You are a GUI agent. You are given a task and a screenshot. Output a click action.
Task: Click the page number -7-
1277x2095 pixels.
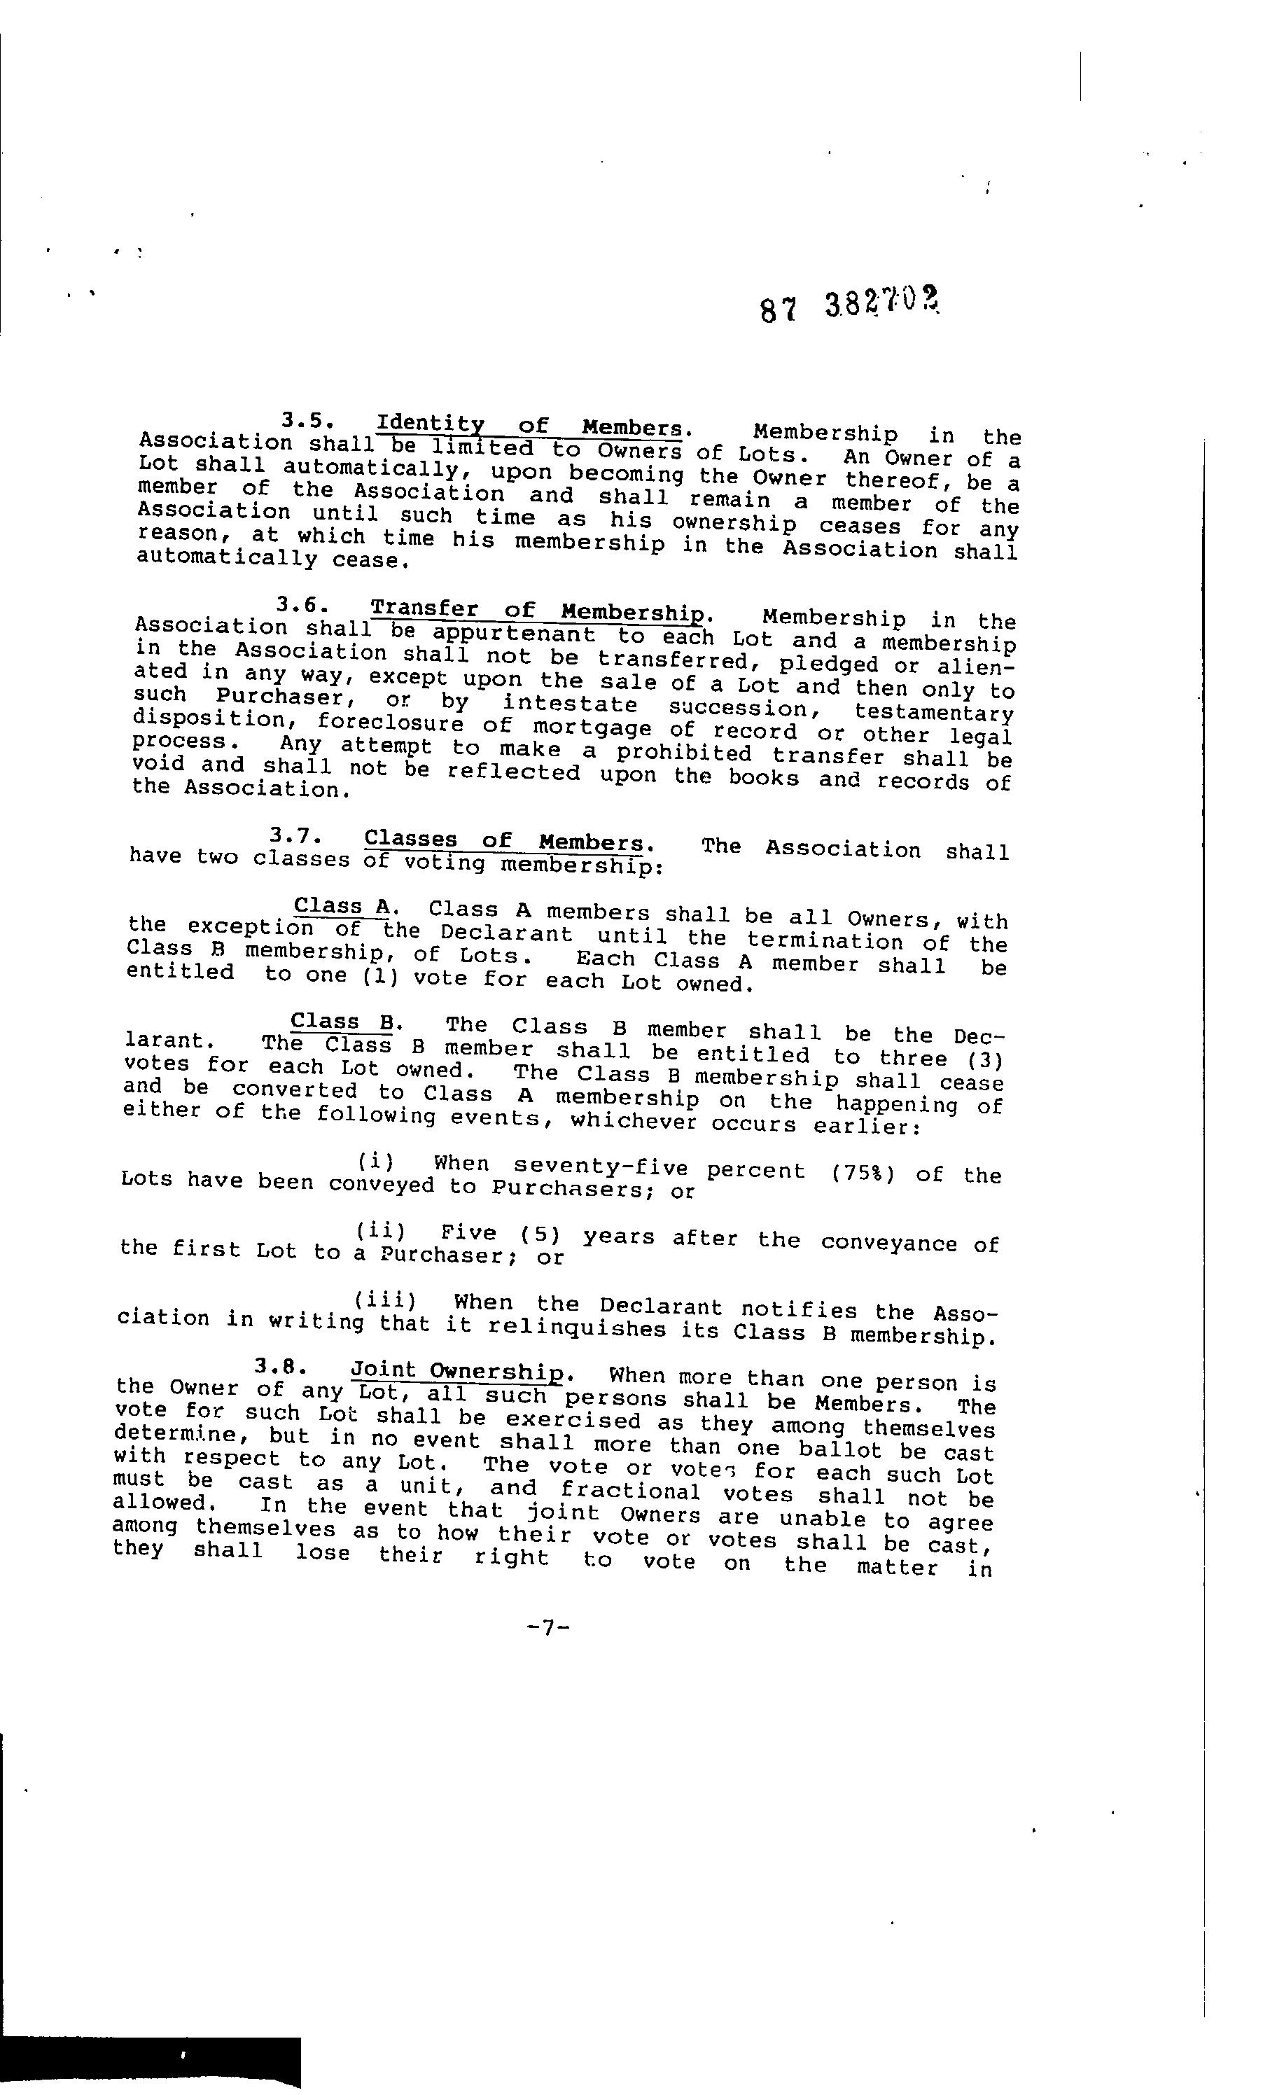547,1627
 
